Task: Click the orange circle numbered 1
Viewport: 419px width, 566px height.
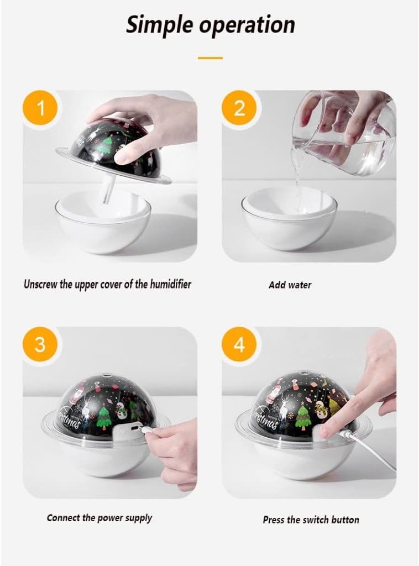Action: (x=40, y=108)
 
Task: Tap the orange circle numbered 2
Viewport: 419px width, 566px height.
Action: (x=239, y=108)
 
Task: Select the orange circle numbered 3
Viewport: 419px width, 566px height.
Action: (x=40, y=344)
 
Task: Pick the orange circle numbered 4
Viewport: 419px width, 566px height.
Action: (x=239, y=344)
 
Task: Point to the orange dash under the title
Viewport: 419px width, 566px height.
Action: (x=210, y=57)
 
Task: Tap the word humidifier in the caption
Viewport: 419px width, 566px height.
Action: (x=170, y=284)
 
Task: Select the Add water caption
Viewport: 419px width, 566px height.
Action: (x=290, y=285)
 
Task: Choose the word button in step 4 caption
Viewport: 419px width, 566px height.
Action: (x=345, y=520)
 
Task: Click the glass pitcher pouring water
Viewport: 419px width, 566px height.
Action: (x=342, y=134)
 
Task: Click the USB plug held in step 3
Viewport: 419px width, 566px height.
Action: (x=148, y=431)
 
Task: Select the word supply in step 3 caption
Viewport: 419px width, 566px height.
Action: (x=139, y=518)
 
